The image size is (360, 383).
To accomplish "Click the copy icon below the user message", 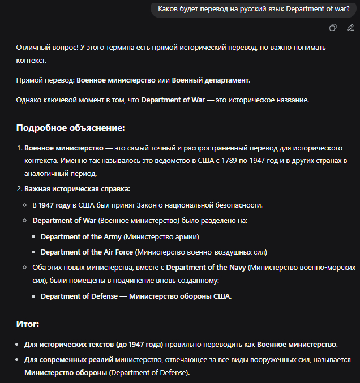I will click(x=333, y=28).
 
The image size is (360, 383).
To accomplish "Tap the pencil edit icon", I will click(x=350, y=28).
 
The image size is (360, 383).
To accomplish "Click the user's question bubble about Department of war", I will click(x=254, y=8).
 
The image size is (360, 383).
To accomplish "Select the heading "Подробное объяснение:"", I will click(x=70, y=128).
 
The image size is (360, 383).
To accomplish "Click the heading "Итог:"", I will click(x=28, y=324).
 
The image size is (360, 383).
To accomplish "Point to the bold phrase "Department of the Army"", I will click(x=81, y=236).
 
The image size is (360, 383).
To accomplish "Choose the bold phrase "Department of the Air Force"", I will click(x=87, y=252).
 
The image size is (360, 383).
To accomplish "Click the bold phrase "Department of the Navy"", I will click(x=206, y=266).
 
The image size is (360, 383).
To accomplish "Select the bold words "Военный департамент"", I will click(x=211, y=80).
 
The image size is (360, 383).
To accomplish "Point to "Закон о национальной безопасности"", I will click(x=203, y=205).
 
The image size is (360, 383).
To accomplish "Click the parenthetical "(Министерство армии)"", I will click(x=161, y=236).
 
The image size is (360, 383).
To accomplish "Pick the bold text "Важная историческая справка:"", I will click(x=77, y=188).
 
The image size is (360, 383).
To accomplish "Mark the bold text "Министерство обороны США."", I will click(x=180, y=296).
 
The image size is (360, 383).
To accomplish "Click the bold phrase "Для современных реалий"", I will click(x=68, y=359).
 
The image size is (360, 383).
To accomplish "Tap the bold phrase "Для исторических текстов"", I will click(x=68, y=344).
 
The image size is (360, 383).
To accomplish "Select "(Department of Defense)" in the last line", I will click(x=149, y=373).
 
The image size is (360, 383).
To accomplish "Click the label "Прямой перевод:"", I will click(x=45, y=80).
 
